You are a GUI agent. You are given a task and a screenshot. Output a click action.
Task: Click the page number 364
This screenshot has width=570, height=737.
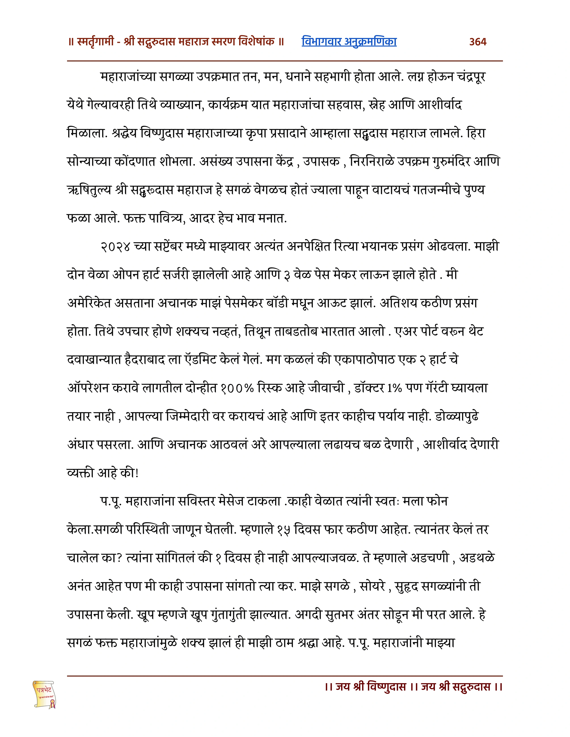tap(478, 42)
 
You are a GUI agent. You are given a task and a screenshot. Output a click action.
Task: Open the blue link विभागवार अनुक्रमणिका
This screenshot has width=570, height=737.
tap(349, 42)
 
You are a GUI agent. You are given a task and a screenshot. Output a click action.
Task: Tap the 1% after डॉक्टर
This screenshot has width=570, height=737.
tap(394, 388)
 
